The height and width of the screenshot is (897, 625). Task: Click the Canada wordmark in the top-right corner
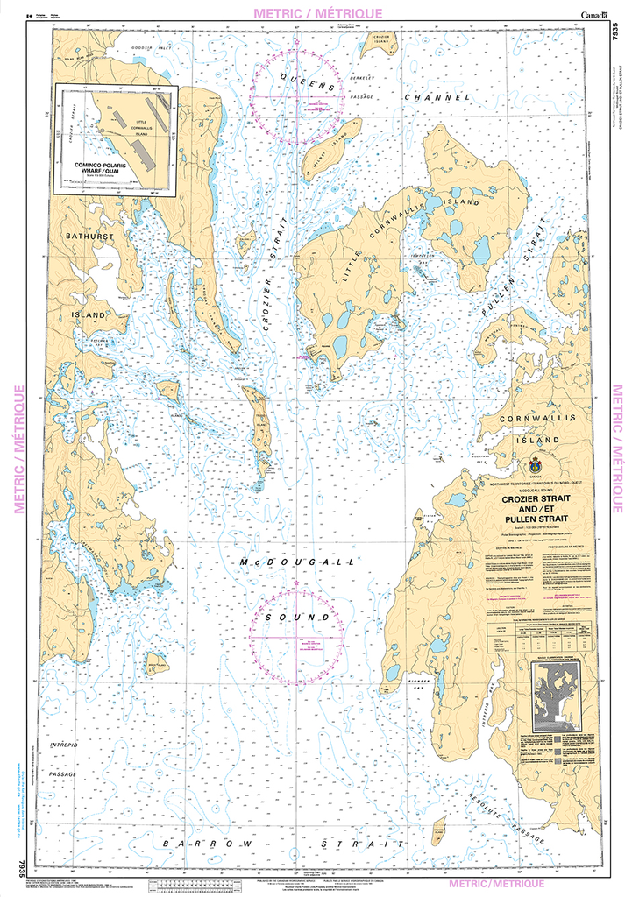click(x=595, y=14)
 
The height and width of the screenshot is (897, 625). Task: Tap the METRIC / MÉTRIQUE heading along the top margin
click(x=317, y=13)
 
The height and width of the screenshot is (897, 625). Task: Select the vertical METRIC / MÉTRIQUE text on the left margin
click(x=17, y=448)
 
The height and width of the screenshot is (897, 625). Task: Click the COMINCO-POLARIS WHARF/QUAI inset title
click(x=101, y=168)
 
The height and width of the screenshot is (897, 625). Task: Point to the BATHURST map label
click(x=89, y=237)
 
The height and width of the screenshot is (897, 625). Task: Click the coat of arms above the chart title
click(x=534, y=465)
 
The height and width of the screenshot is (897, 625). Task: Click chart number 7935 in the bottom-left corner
click(x=19, y=867)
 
